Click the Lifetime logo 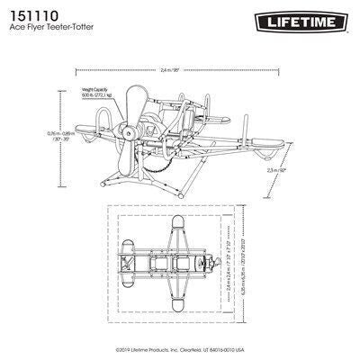pyautogui.click(x=302, y=19)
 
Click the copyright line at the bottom pyautogui.click(x=180, y=349)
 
